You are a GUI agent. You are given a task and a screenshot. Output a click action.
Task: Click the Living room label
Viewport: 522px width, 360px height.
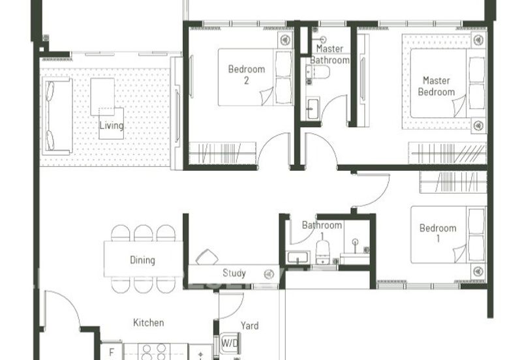pos(111,126)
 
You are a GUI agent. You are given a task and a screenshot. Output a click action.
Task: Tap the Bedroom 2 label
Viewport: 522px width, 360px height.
pos(246,75)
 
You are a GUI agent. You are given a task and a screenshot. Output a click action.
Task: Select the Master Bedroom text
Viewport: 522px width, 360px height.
pos(436,86)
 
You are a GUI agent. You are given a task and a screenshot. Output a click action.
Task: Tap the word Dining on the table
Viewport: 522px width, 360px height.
pos(142,260)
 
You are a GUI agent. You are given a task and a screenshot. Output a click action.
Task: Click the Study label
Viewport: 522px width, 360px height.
pos(234,273)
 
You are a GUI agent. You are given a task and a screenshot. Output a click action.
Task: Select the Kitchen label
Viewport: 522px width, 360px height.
pos(148,323)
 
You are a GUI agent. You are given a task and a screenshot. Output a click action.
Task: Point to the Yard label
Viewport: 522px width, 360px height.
pos(249,326)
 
